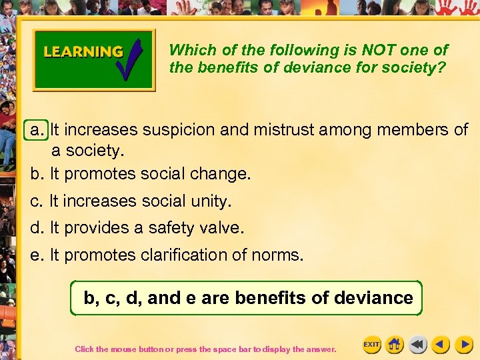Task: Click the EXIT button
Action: coord(371,344)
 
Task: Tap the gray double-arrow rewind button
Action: coord(417,344)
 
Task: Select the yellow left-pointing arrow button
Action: coord(440,344)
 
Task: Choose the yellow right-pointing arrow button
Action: coord(463,344)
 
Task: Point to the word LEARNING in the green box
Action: coord(83,52)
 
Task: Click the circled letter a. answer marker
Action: coord(37,129)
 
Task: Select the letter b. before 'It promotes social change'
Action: coord(37,174)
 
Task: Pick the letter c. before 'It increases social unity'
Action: coord(37,201)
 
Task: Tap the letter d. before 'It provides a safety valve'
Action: coord(37,228)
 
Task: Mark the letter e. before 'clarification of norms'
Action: coord(37,255)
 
